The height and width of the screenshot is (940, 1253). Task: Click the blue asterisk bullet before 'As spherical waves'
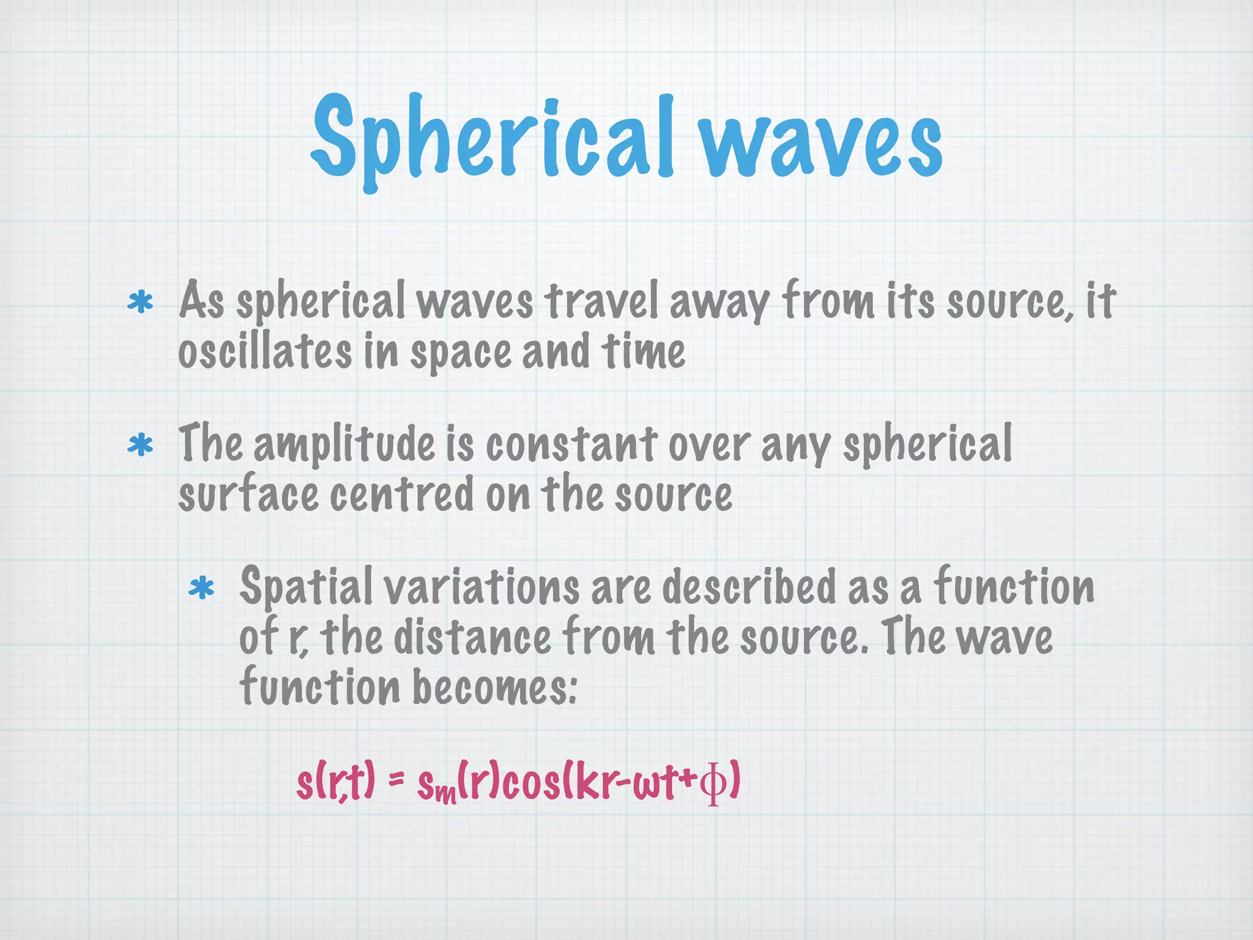tap(141, 303)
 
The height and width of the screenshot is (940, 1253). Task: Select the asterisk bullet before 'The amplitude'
tap(141, 446)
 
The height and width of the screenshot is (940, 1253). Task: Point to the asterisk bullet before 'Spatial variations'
tap(202, 589)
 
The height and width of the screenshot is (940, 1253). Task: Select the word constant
tap(571, 444)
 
